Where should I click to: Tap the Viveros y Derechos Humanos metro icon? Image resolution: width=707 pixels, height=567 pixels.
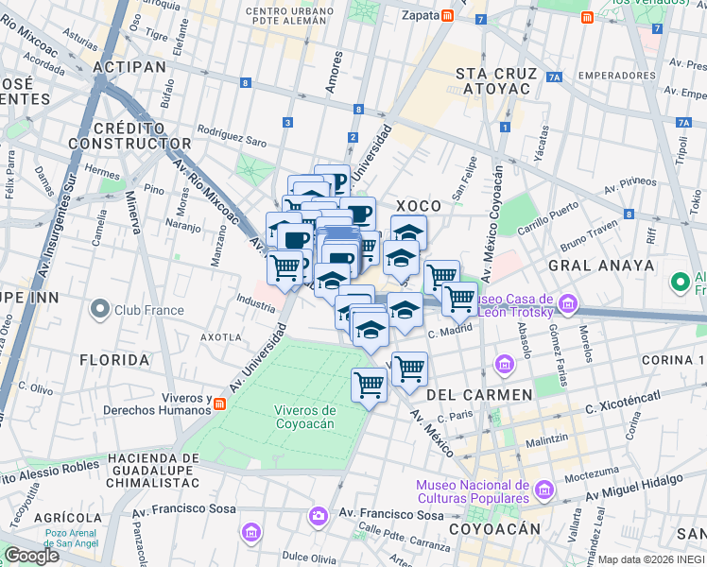coord(219,404)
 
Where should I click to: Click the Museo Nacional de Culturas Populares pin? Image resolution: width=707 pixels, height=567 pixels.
coord(543,490)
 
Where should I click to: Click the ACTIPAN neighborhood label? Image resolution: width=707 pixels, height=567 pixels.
coord(129,66)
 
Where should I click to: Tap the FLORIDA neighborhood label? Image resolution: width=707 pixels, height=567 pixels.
coord(114,360)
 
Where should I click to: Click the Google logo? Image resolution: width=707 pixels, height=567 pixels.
coord(31,556)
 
